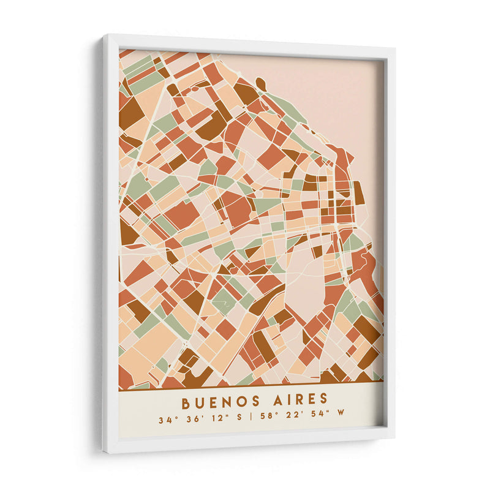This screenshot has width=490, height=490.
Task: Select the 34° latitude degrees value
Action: pyautogui.click(x=166, y=420)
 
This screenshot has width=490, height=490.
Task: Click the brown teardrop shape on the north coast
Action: pyautogui.click(x=260, y=83)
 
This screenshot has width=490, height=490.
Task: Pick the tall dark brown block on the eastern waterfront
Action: pyautogui.click(x=358, y=192)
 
